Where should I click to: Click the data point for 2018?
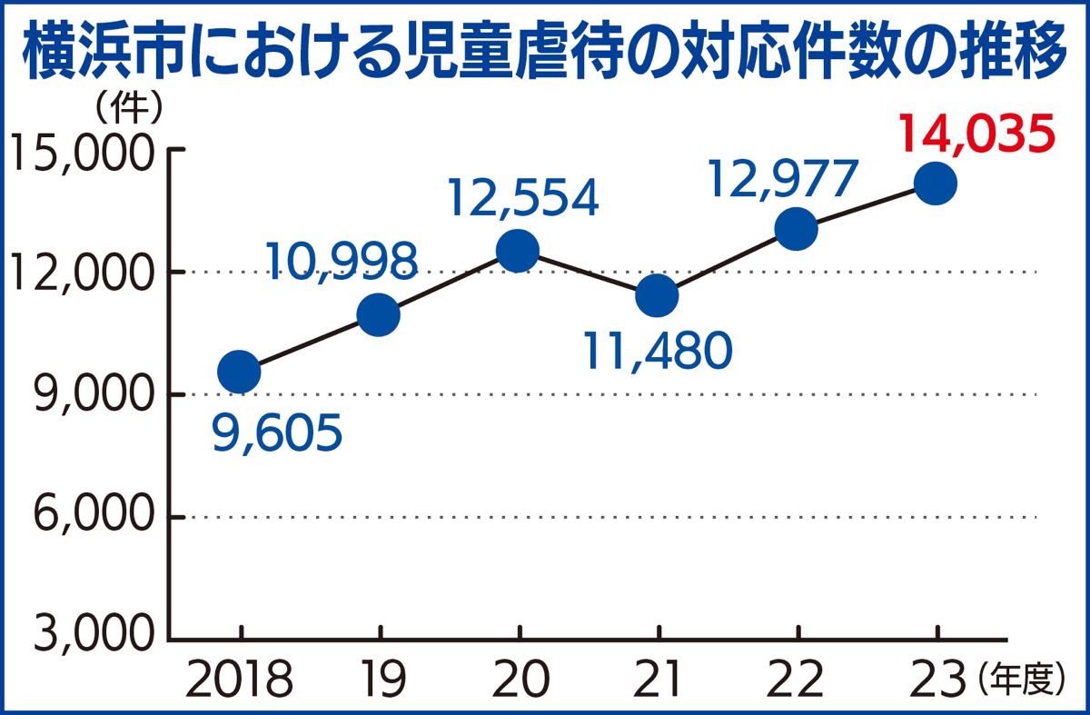click(240, 372)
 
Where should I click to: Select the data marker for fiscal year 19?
click(379, 314)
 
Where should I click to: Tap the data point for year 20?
click(518, 250)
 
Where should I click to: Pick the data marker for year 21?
click(657, 295)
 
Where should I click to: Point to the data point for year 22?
click(796, 229)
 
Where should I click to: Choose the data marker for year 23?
click(936, 184)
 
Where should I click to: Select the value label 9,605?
click(277, 434)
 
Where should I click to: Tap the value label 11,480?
click(658, 351)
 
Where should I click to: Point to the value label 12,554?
click(524, 198)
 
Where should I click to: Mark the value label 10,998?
click(343, 262)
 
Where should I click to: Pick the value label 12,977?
click(782, 180)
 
